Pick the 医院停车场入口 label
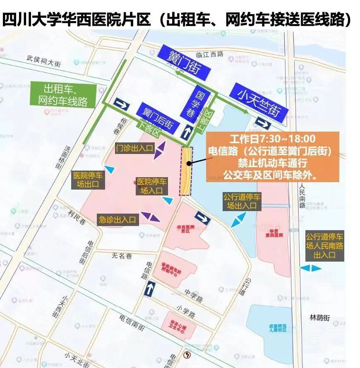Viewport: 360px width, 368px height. click(152, 186)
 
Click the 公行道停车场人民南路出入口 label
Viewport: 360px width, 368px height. click(324, 246)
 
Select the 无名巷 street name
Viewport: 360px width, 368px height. click(122, 256)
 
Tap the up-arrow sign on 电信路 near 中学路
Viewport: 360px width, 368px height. click(149, 288)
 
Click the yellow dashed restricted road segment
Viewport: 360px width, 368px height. click(186, 171)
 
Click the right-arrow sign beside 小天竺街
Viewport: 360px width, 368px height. click(263, 122)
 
